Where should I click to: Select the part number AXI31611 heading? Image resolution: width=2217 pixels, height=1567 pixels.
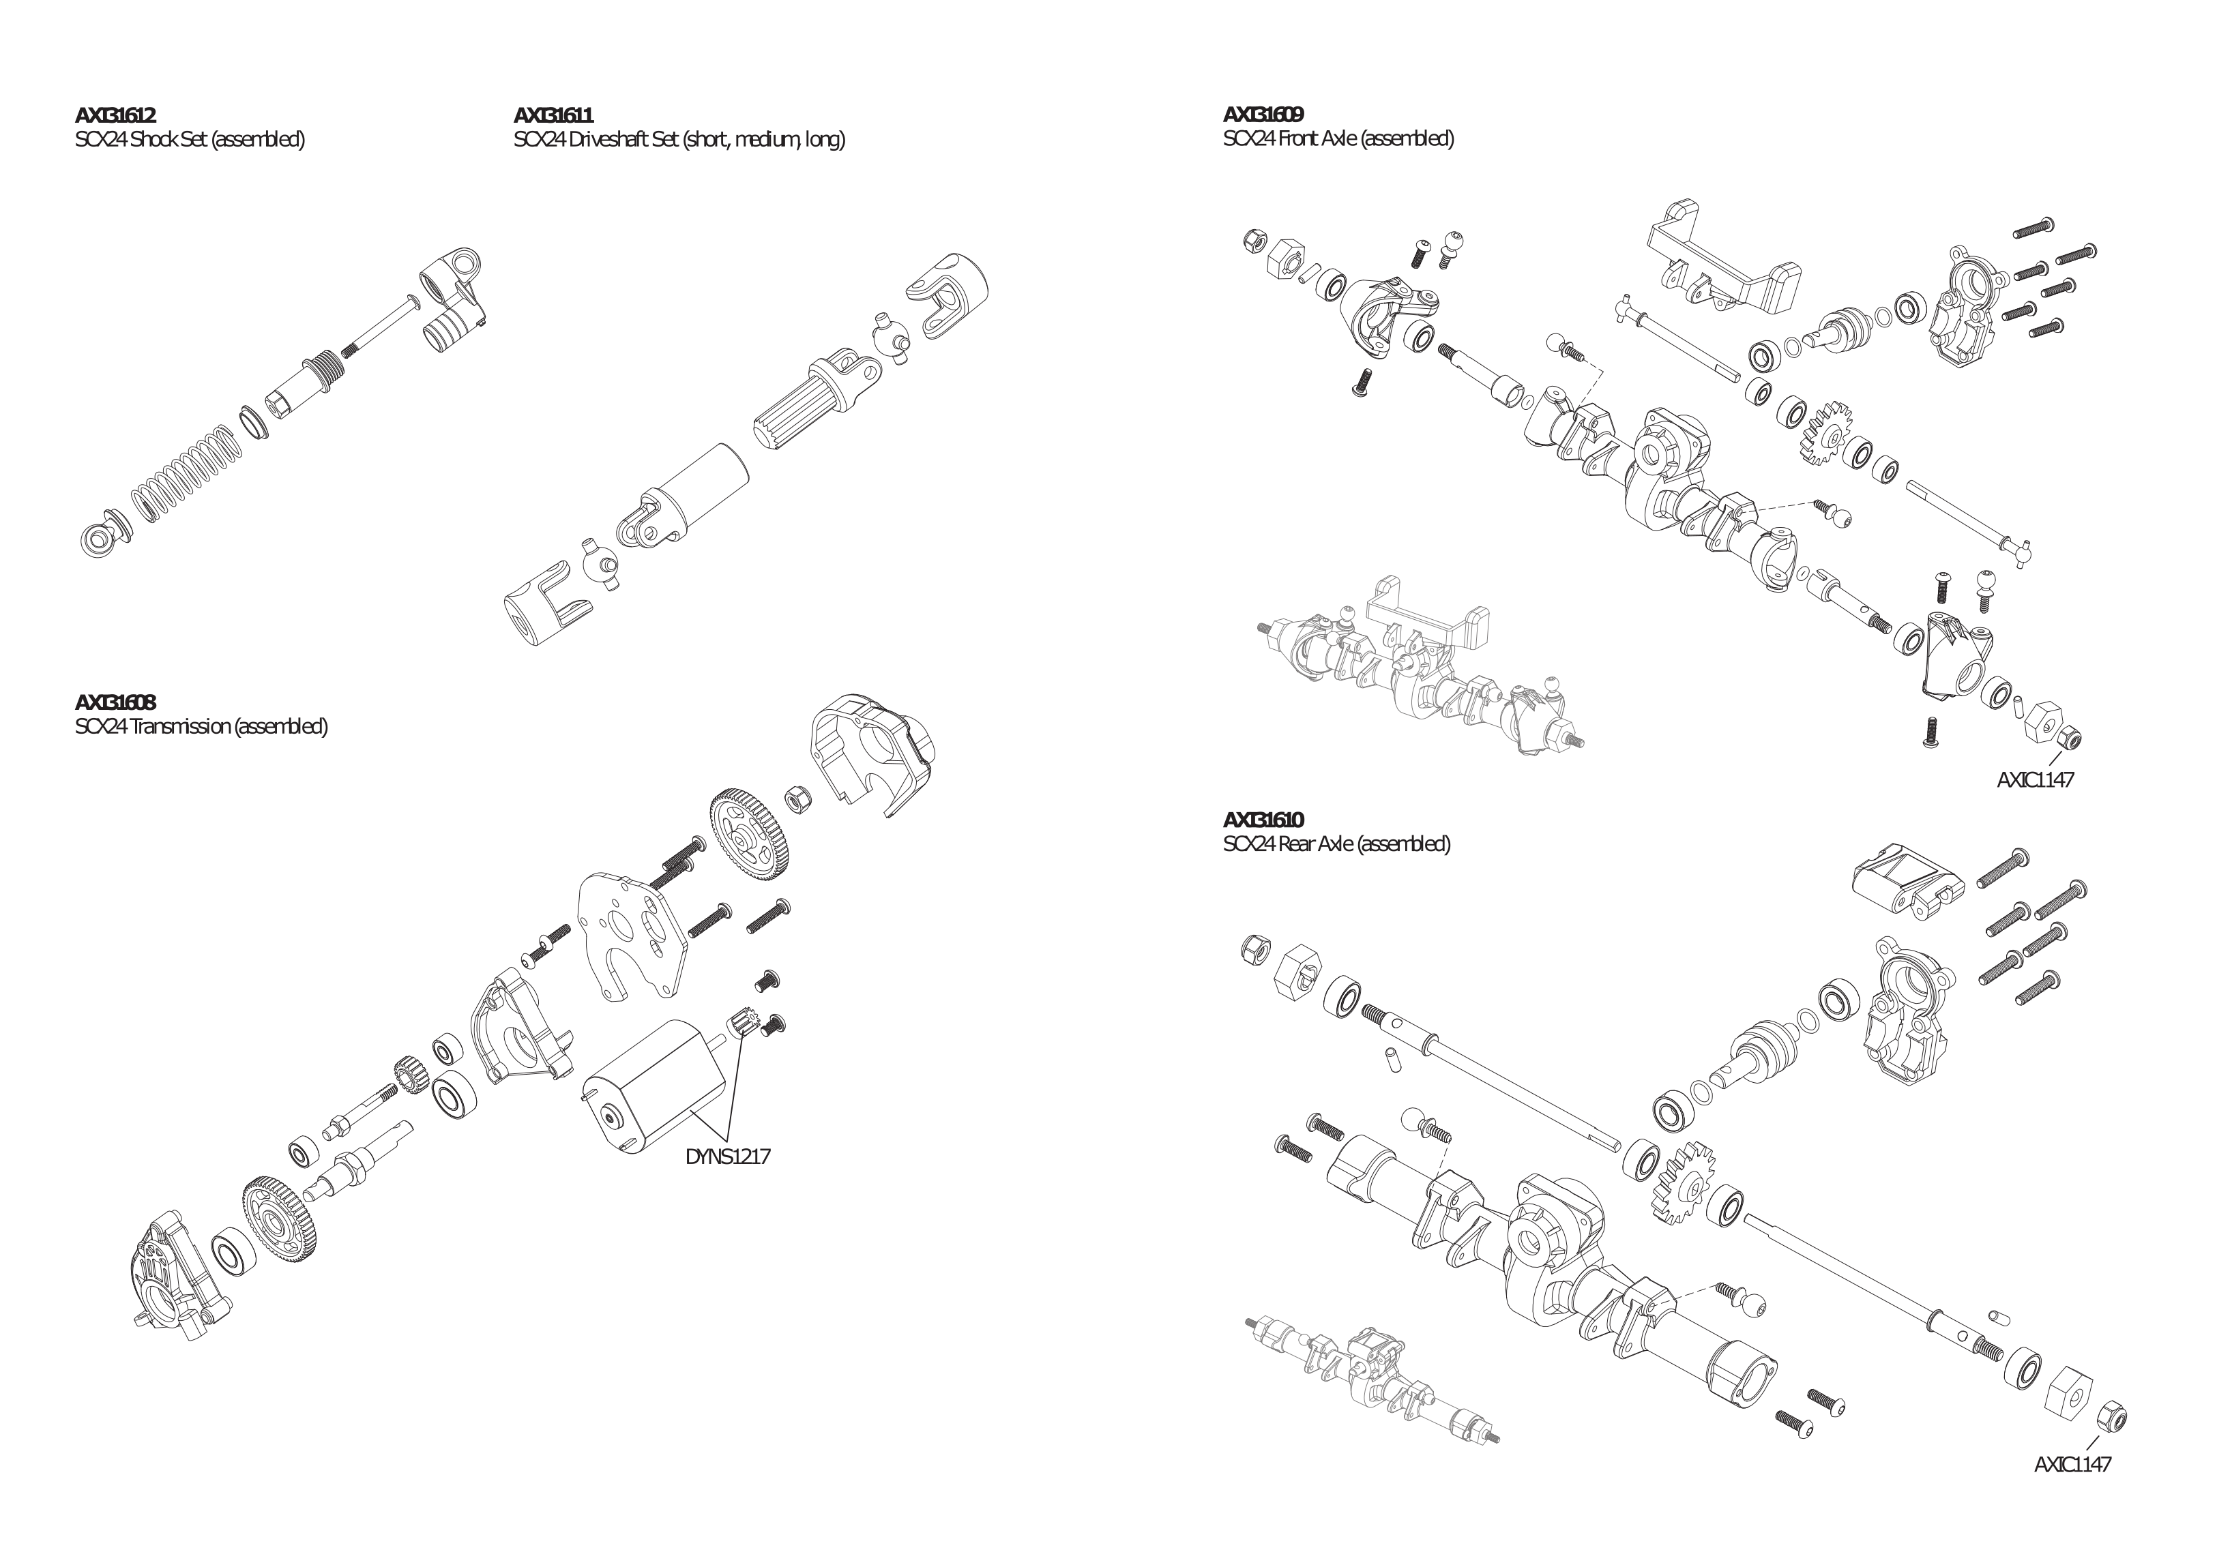(x=553, y=117)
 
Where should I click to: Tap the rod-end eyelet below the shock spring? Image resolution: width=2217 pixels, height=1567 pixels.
(x=98, y=538)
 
